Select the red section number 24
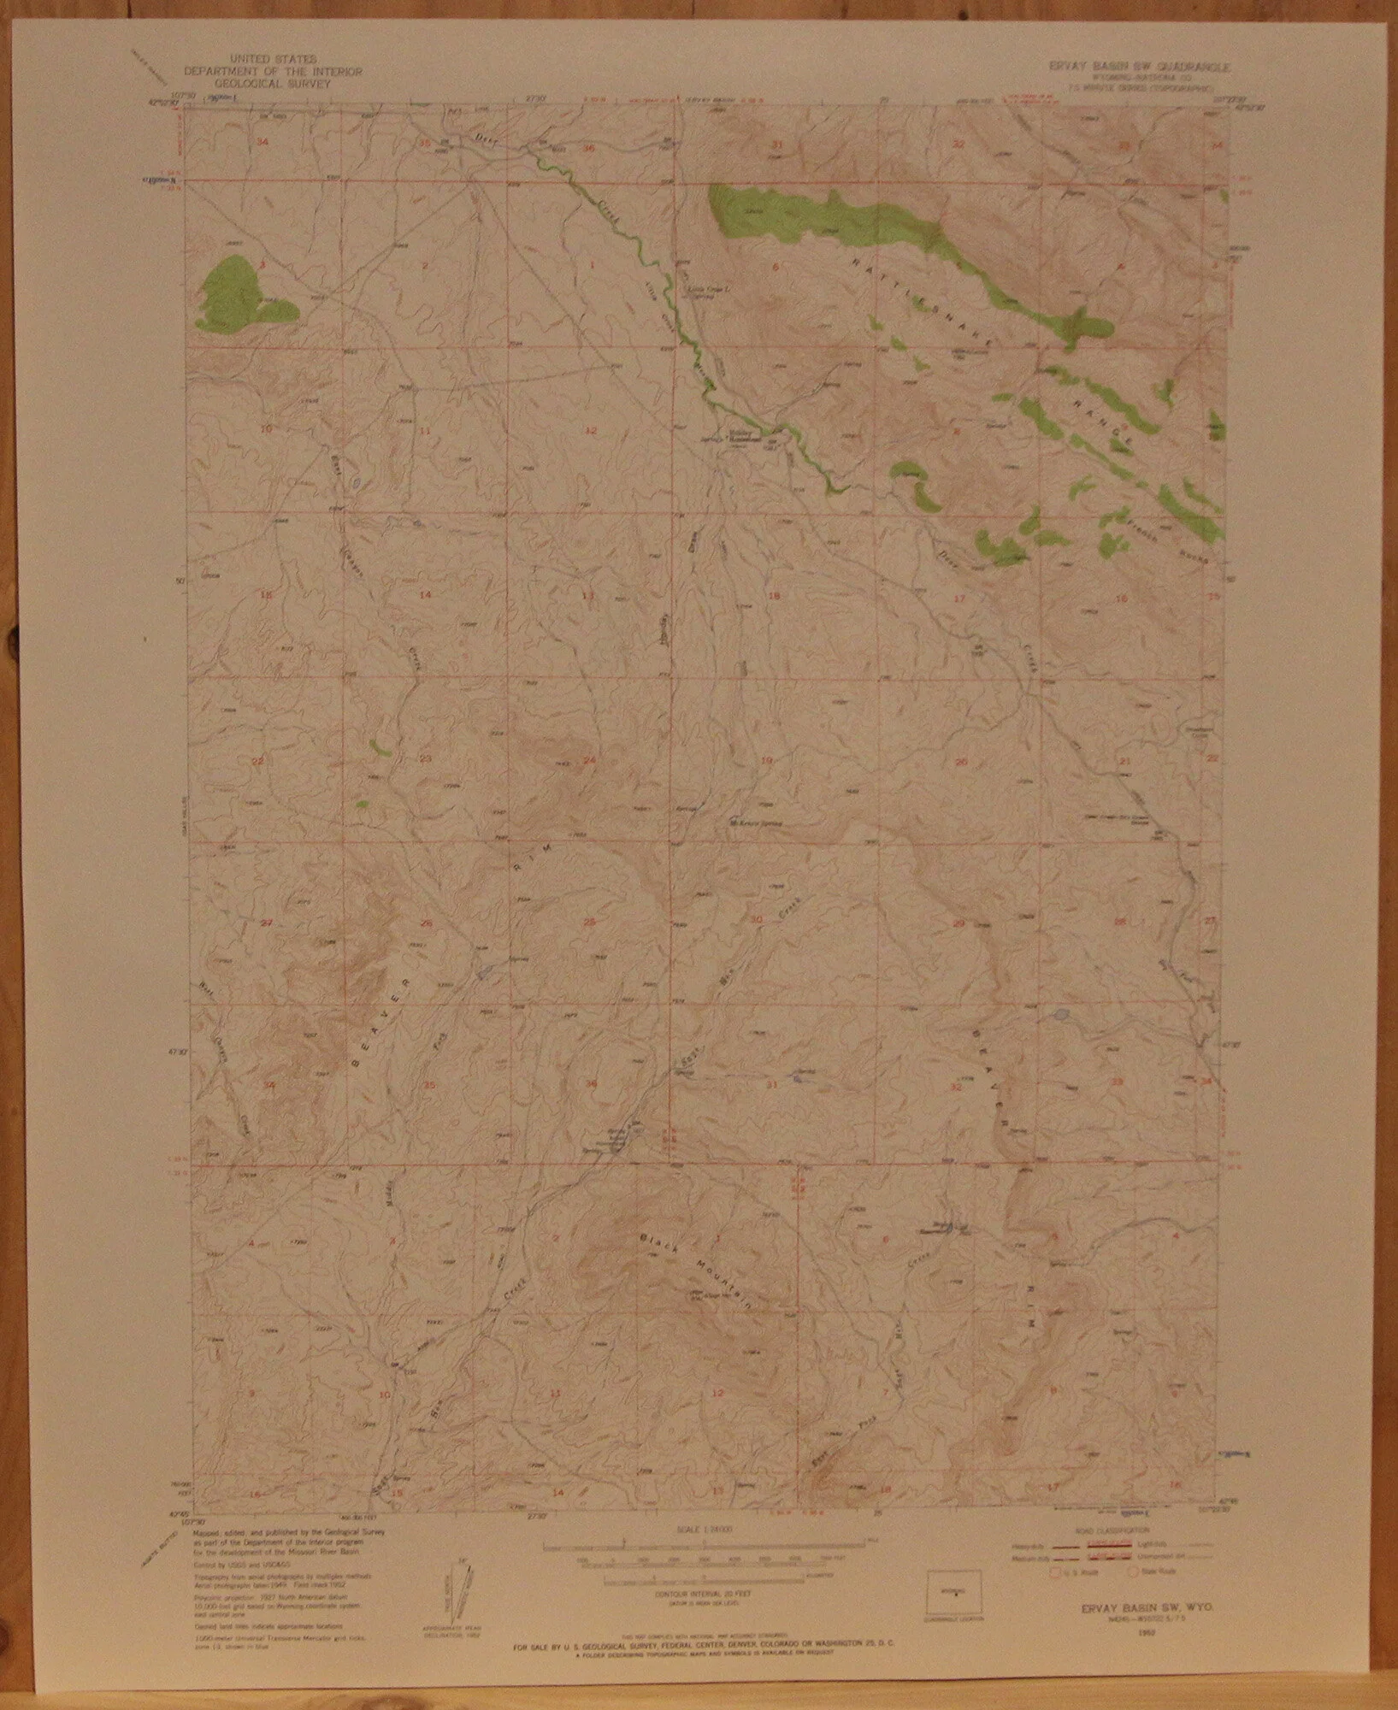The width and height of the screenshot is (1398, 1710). click(x=589, y=760)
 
